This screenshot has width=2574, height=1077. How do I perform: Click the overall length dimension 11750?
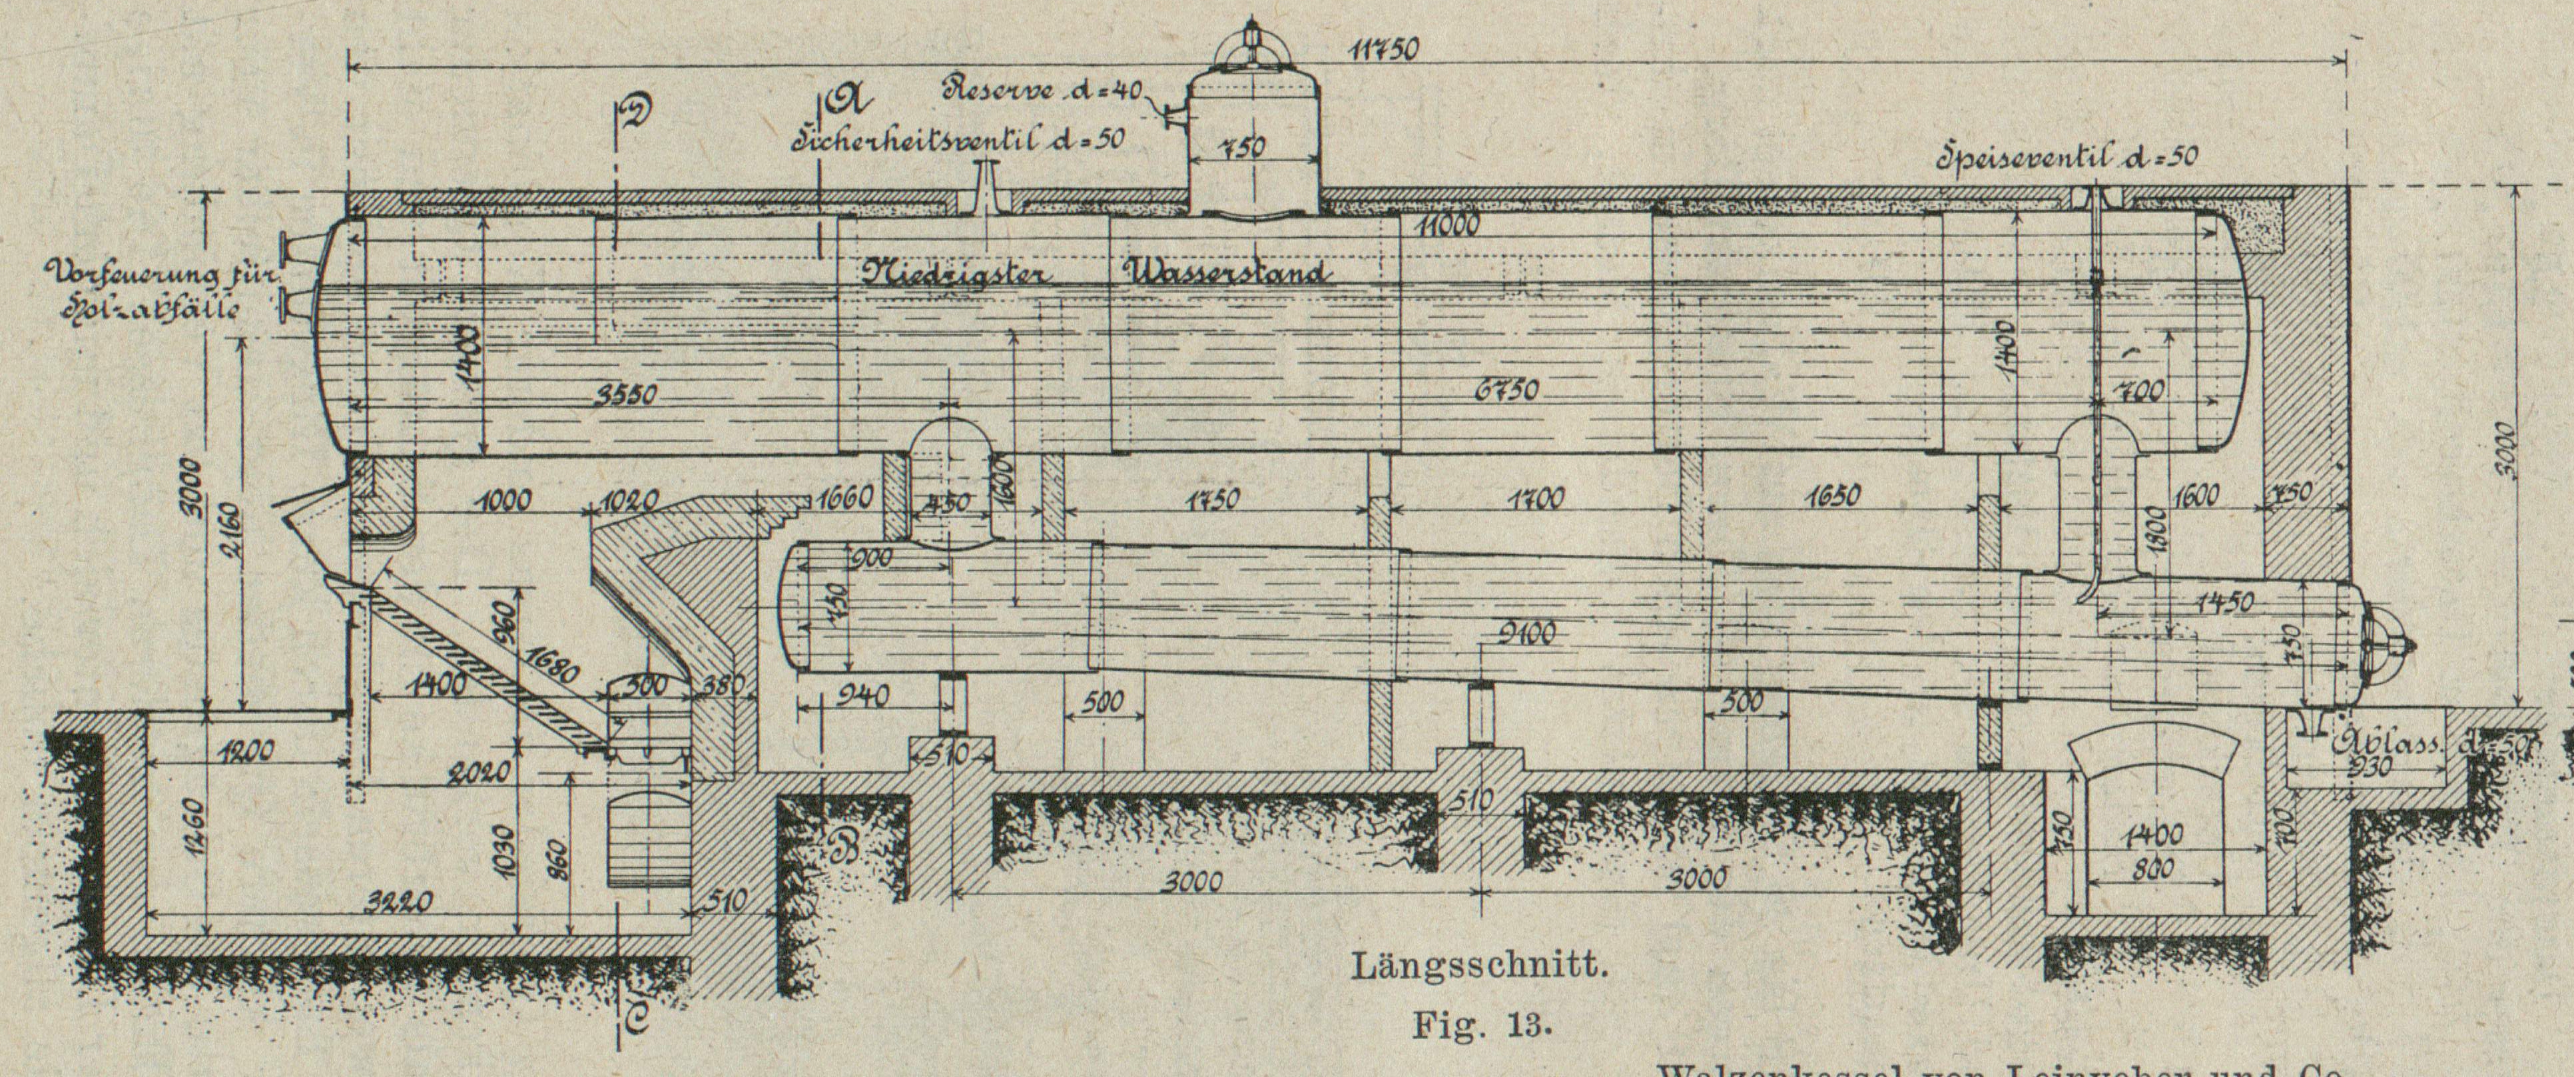(1383, 51)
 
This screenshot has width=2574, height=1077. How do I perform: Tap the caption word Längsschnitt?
(1479, 967)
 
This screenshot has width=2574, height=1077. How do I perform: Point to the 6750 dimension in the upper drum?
(1505, 392)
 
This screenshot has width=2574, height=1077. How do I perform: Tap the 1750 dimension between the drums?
(1212, 500)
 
